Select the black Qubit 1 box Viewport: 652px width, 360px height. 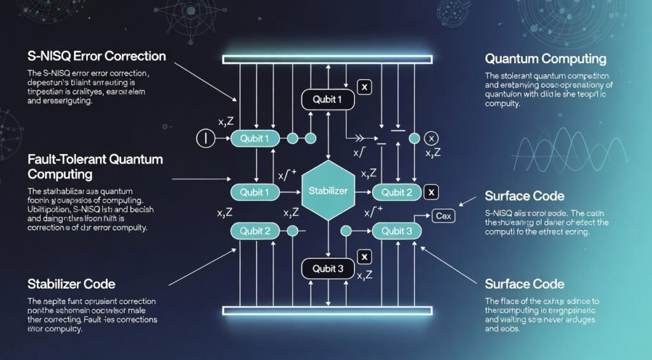tap(327, 99)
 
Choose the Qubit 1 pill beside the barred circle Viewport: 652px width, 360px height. tap(255, 139)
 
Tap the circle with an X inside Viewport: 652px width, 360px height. tap(431, 138)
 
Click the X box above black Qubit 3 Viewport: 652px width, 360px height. tap(364, 257)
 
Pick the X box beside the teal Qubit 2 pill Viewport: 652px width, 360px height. tap(431, 191)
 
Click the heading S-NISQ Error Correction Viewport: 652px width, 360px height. tap(97, 56)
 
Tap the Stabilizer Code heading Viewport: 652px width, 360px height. tap(71, 283)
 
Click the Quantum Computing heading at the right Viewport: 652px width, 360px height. tap(545, 59)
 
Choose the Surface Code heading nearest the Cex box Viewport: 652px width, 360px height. tap(524, 196)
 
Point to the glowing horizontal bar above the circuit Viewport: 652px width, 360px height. tap(326, 59)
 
